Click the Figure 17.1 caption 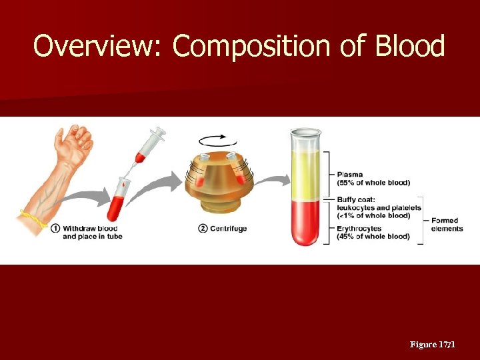pyautogui.click(x=432, y=345)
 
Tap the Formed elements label pyautogui.click(x=447, y=225)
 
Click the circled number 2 pyautogui.click(x=203, y=229)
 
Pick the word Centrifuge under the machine pyautogui.click(x=229, y=229)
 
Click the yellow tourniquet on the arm pyautogui.click(x=30, y=217)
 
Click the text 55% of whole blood pyautogui.click(x=373, y=183)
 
